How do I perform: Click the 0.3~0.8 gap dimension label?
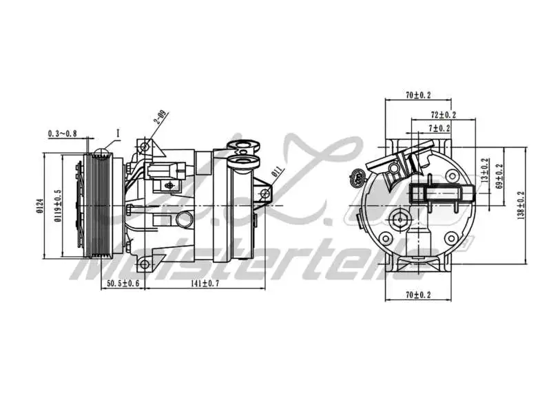pyautogui.click(x=63, y=133)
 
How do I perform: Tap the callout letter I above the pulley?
pyautogui.click(x=118, y=132)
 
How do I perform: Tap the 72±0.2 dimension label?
pyautogui.click(x=444, y=114)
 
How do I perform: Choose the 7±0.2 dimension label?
pyautogui.click(x=439, y=128)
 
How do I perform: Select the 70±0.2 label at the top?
pyautogui.click(x=419, y=96)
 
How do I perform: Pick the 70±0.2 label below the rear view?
pyautogui.click(x=419, y=295)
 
